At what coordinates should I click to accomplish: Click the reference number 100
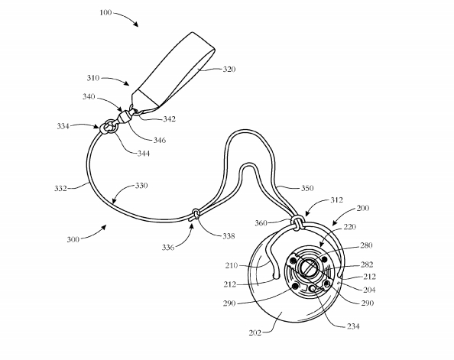tap(105, 13)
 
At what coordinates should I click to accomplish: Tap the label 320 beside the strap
tap(229, 70)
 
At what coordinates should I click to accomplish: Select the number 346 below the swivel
tap(160, 140)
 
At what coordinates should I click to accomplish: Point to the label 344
tap(144, 153)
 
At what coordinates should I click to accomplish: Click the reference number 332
tap(61, 189)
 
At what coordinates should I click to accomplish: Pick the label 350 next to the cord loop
tap(307, 188)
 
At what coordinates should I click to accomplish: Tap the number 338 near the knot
tap(229, 236)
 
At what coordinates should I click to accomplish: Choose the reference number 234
tap(353, 326)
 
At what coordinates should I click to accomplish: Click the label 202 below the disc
tap(255, 333)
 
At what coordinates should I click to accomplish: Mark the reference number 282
tap(367, 264)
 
